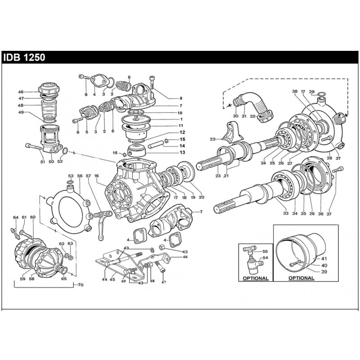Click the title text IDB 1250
coord(23,58)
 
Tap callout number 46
coord(33,91)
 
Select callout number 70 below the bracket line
coord(81,285)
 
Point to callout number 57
coord(88,176)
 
